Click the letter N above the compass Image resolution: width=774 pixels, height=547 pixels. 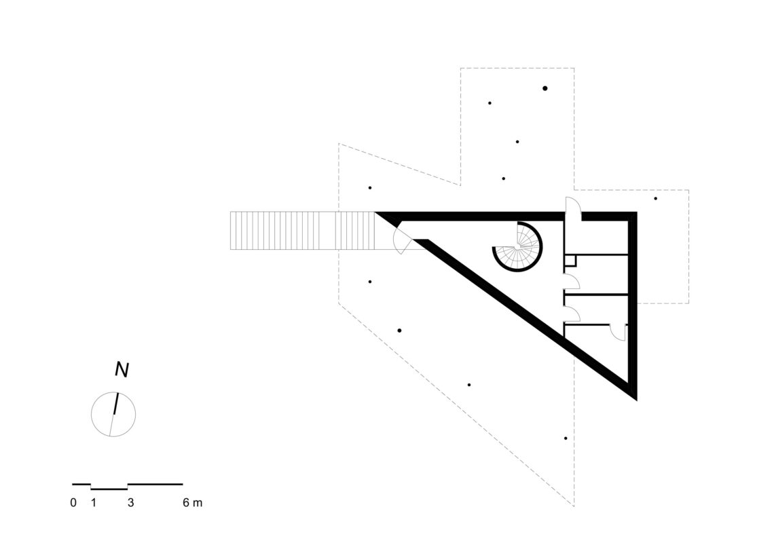tap(122, 369)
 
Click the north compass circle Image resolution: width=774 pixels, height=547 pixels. tap(113, 414)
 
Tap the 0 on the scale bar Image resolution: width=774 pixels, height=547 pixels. tap(73, 503)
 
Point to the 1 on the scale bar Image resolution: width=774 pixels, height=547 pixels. tap(93, 503)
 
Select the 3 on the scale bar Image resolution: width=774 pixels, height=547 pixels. tap(131, 503)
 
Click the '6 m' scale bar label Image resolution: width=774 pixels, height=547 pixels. tap(193, 503)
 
